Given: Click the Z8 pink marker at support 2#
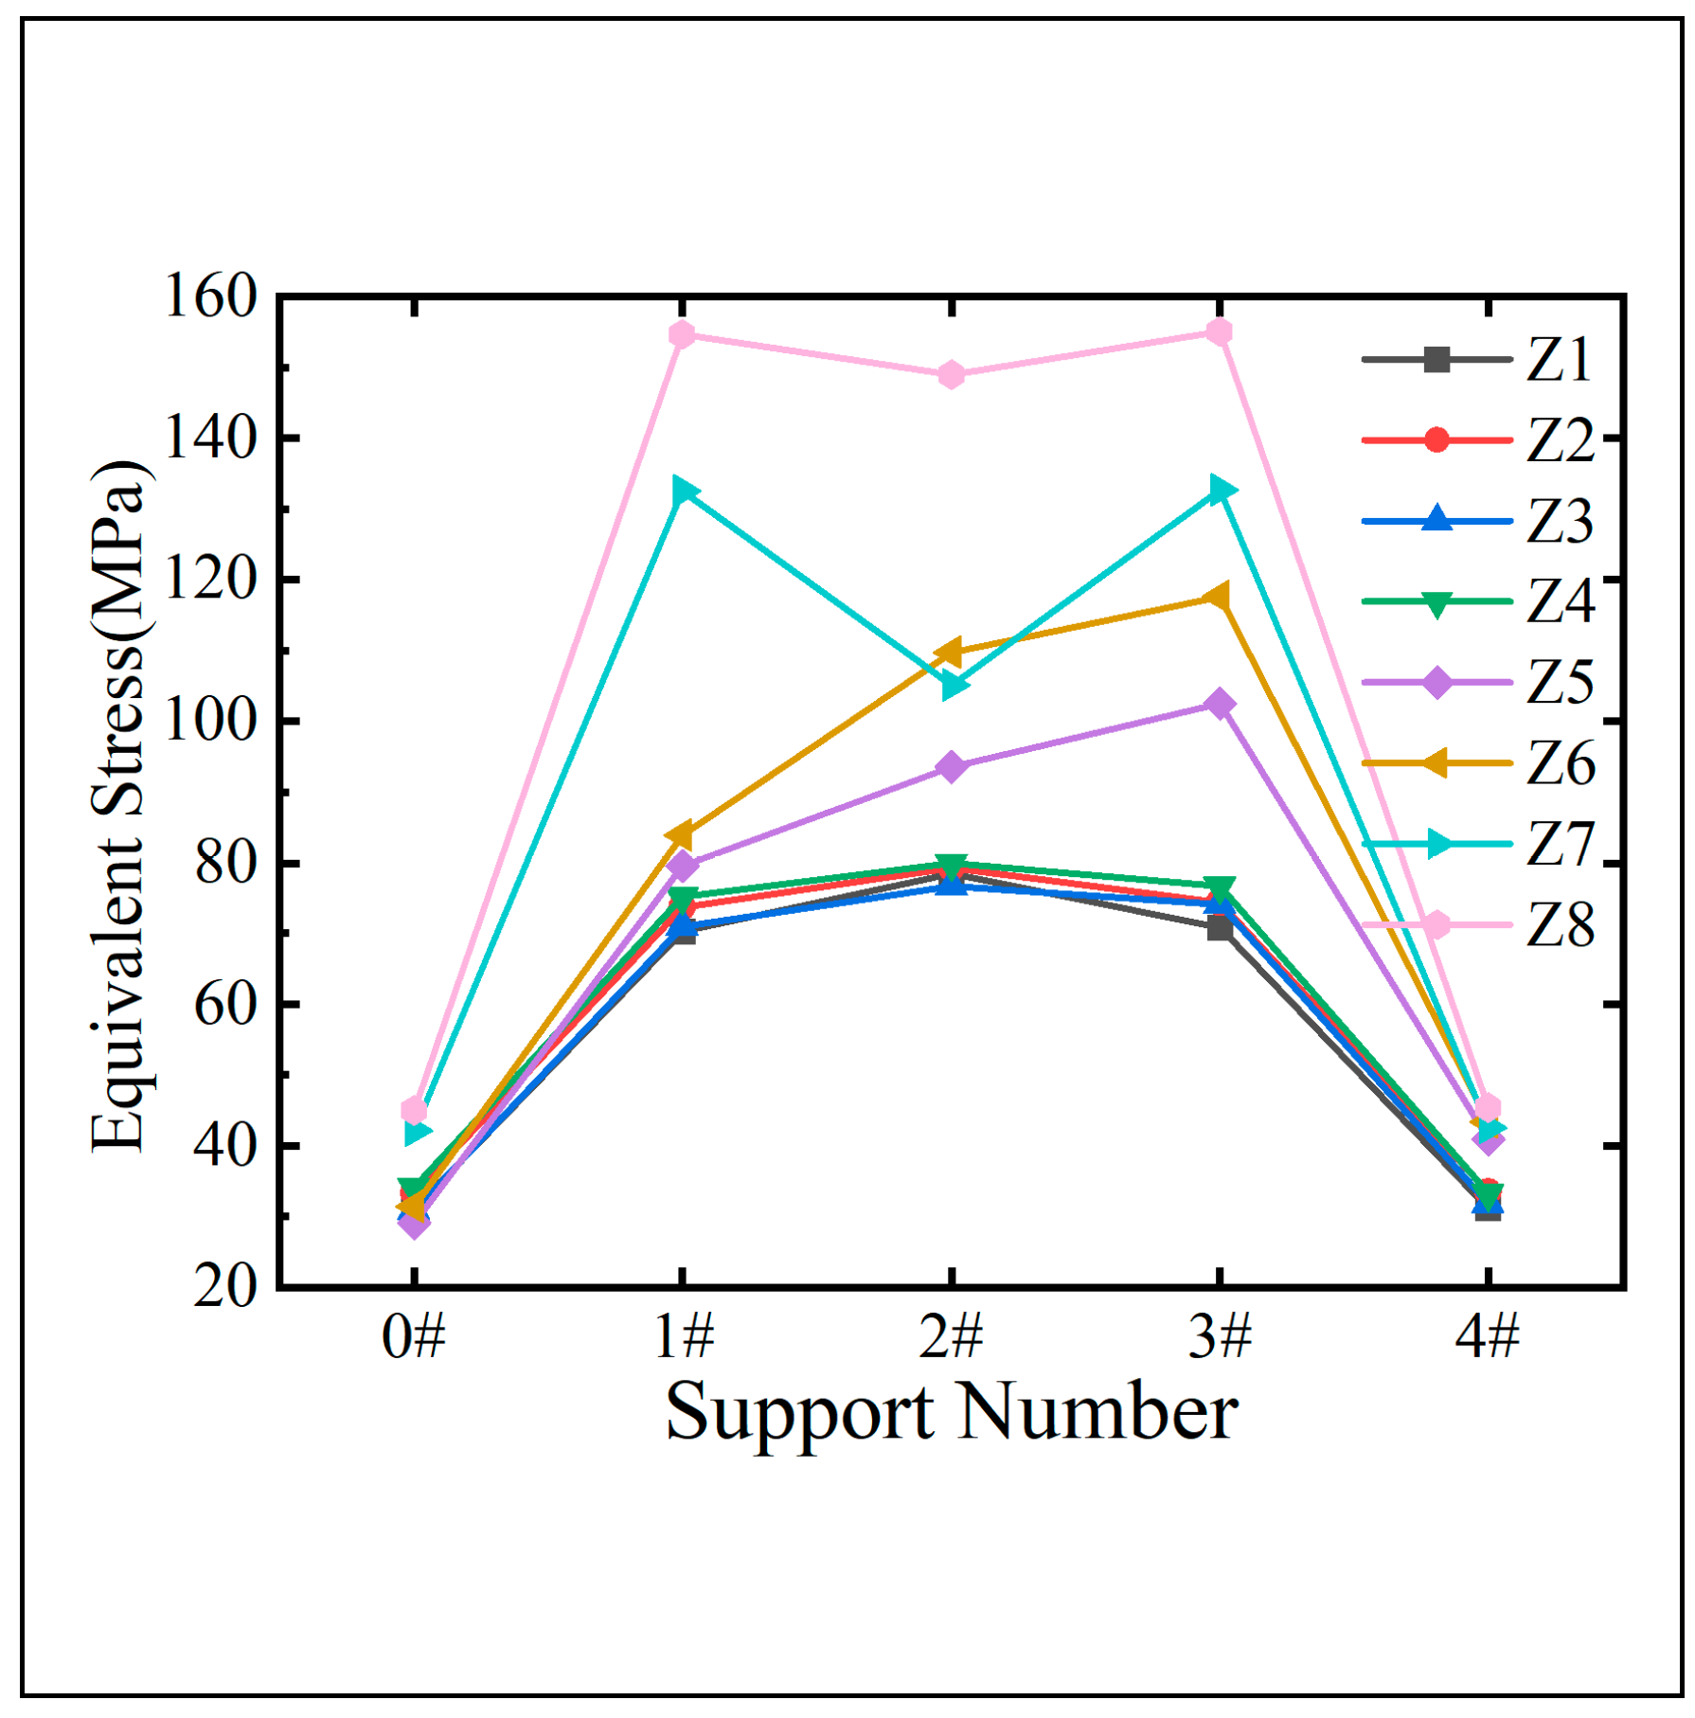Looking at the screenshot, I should coord(952,375).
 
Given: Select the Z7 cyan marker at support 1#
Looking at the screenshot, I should coord(684,492).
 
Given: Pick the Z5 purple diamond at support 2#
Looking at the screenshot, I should coord(952,766).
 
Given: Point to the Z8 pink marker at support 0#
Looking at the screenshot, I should coord(414,1109).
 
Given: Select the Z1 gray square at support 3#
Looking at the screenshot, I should coord(1220,928).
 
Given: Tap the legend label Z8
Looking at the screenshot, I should coord(1560,925).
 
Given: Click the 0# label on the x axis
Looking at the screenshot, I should coord(414,1339).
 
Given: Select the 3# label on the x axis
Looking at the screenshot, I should coord(1220,1339).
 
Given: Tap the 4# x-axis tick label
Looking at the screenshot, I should coord(1488,1339).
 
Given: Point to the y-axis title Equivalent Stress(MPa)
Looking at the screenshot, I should coord(117,805).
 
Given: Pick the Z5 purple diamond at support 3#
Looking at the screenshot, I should coord(1220,704).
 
